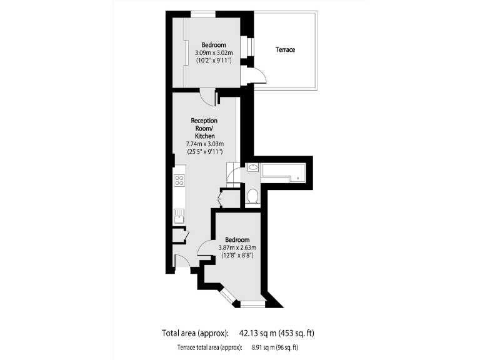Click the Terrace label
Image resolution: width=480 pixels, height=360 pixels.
click(285, 49)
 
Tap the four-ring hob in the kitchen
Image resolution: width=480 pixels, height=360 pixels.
click(179, 181)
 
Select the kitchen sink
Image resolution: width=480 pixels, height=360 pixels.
click(179, 217)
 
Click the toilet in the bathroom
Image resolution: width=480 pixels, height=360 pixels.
click(252, 197)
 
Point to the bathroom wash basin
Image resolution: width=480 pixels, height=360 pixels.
click(253, 167)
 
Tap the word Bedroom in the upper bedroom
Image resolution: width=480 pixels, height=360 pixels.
click(213, 44)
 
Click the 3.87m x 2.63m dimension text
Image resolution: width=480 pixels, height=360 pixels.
click(237, 247)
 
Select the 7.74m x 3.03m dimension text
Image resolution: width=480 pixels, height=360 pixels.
click(204, 144)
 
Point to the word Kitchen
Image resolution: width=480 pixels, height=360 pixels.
click(204, 136)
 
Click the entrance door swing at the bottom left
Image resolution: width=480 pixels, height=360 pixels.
click(181, 262)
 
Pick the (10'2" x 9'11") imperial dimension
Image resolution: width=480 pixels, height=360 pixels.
click(213, 61)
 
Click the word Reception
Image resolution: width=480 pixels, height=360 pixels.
click(204, 120)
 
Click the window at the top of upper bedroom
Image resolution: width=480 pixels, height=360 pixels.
click(202, 14)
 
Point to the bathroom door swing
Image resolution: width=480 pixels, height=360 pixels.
click(233, 173)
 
